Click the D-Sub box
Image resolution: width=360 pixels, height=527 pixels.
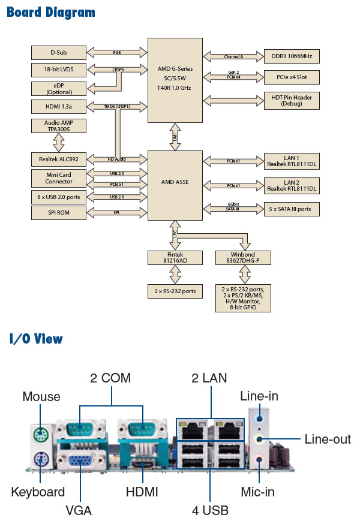point(58,52)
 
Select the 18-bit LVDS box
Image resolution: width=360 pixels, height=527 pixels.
point(58,70)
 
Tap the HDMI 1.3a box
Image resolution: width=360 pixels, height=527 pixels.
point(58,107)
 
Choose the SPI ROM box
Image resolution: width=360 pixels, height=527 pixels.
point(58,213)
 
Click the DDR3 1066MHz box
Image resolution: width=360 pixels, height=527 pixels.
point(292,56)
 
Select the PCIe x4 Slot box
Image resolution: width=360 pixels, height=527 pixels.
point(292,77)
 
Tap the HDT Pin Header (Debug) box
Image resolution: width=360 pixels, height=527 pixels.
point(292,100)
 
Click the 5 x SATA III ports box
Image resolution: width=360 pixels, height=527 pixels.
point(292,209)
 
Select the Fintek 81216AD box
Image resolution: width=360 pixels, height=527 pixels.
point(175,257)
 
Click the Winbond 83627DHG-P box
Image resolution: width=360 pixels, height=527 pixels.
point(243,257)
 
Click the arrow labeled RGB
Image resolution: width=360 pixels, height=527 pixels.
point(116,52)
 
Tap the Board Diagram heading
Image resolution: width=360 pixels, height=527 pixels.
point(51,12)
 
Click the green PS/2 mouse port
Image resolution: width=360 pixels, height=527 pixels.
point(40,433)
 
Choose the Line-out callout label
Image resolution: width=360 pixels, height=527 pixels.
point(328,439)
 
